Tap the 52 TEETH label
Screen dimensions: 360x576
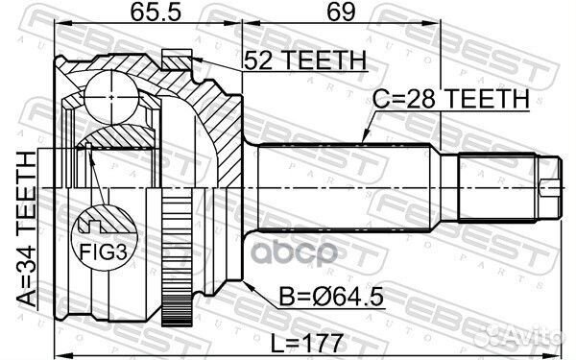305,61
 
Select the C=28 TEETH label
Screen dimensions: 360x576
452,98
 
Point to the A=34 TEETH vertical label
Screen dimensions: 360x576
26,230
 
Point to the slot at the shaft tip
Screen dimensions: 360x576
548,184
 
